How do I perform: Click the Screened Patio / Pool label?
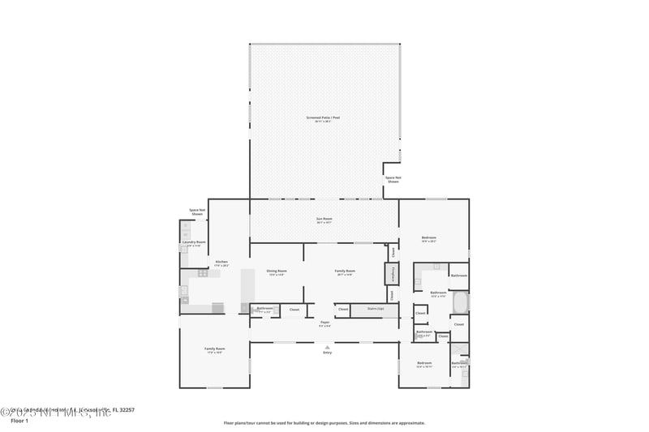pyautogui.click(x=323, y=118)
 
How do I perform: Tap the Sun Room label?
pyautogui.click(x=324, y=219)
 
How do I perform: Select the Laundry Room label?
pyautogui.click(x=194, y=242)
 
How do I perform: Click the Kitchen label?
pyautogui.click(x=221, y=263)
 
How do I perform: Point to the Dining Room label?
pyautogui.click(x=277, y=272)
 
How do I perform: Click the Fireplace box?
pyautogui.click(x=392, y=274)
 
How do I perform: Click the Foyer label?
pyautogui.click(x=324, y=323)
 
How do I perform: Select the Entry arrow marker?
pyautogui.click(x=328, y=347)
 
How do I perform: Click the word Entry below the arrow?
pyautogui.click(x=328, y=353)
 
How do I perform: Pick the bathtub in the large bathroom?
pyautogui.click(x=460, y=302)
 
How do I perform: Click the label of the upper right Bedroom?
pyautogui.click(x=429, y=238)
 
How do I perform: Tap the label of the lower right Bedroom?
pyautogui.click(x=424, y=363)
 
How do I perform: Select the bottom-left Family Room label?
pyautogui.click(x=214, y=349)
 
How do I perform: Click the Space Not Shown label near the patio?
pyautogui.click(x=393, y=179)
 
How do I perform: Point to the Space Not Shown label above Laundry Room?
pyautogui.click(x=196, y=212)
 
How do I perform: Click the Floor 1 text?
pyautogui.click(x=19, y=421)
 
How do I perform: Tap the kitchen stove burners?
pyautogui.click(x=202, y=273)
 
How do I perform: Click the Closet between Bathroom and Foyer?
pyautogui.click(x=294, y=309)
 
